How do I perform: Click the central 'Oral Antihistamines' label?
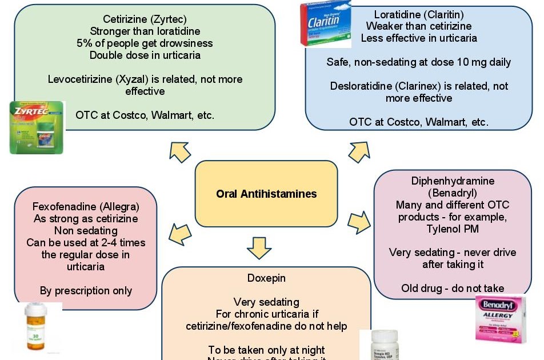click(266, 194)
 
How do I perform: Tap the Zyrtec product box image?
click(37, 127)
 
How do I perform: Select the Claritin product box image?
click(326, 24)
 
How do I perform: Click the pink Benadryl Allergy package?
click(501, 319)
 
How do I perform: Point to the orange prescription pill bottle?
click(37, 327)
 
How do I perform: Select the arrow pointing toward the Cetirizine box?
click(180, 151)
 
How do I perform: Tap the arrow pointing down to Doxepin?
click(259, 247)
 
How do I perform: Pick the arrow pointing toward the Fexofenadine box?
click(180, 233)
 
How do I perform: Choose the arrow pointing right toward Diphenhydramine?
click(359, 222)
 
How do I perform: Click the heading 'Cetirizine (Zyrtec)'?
click(145, 19)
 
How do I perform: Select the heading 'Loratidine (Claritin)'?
click(419, 14)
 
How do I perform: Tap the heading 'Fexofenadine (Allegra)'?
click(86, 206)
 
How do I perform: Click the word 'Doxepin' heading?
click(266, 278)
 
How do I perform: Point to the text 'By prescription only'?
click(86, 291)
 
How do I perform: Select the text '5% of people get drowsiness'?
click(145, 43)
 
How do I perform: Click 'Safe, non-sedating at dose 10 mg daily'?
click(419, 62)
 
